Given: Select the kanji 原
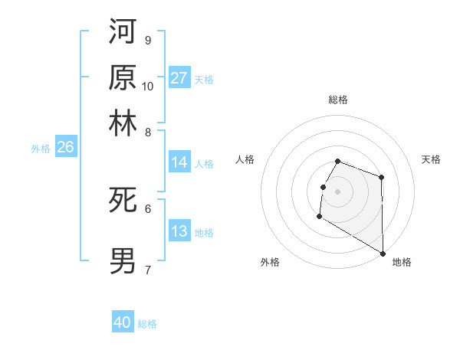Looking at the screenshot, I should pyautogui.click(x=123, y=77).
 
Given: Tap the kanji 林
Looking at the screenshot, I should pyautogui.click(x=123, y=123).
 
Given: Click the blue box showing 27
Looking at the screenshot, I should pyautogui.click(x=179, y=78).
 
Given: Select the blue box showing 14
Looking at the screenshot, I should pyautogui.click(x=179, y=162).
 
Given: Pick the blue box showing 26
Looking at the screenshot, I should pyautogui.click(x=65, y=147).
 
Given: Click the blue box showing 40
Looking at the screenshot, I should pyautogui.click(x=123, y=323).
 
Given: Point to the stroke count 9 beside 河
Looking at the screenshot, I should pyautogui.click(x=148, y=40).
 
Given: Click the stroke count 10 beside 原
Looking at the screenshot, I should pyautogui.click(x=148, y=86).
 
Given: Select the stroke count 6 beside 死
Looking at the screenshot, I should pyautogui.click(x=148, y=208).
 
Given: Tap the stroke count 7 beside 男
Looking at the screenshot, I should pyautogui.click(x=148, y=269).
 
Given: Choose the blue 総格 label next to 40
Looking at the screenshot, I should pyautogui.click(x=147, y=324).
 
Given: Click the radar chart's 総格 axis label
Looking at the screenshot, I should pyautogui.click(x=338, y=100).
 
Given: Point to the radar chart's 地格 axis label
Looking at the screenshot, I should pyautogui.click(x=402, y=262).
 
